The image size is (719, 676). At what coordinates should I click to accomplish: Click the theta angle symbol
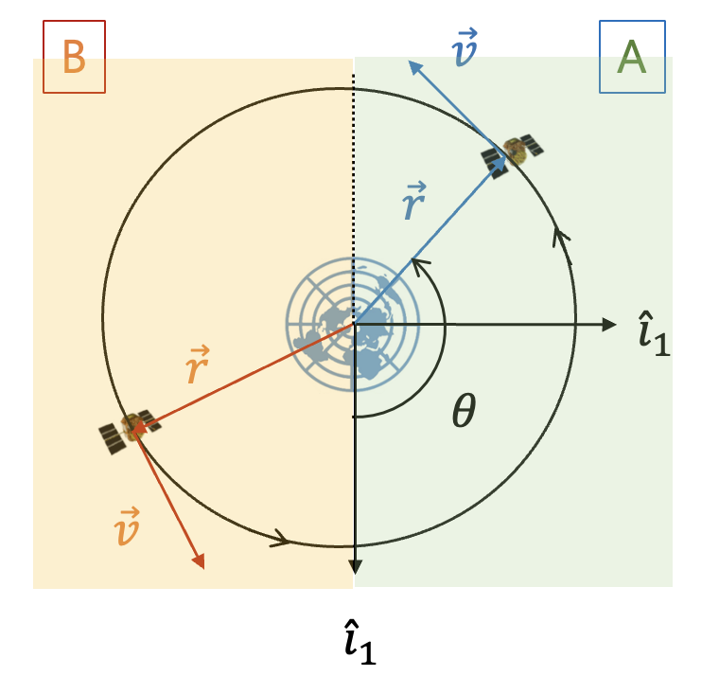tap(462, 412)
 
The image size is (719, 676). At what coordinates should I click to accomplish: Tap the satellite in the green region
tap(514, 152)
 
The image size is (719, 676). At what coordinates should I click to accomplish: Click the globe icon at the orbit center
tap(352, 324)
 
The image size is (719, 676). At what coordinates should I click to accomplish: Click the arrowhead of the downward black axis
tap(355, 566)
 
